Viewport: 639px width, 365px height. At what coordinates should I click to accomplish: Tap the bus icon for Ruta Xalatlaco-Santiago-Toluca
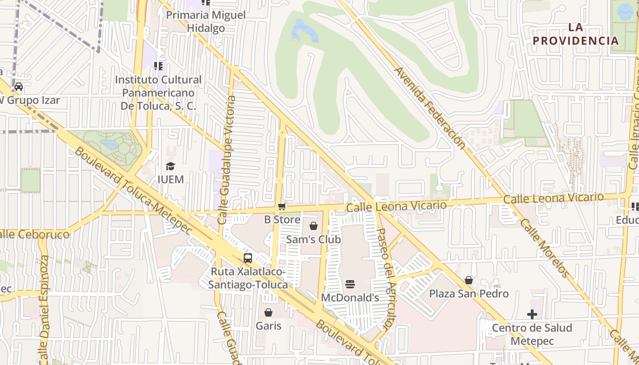[247, 258]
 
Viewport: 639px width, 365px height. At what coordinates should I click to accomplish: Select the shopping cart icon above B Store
[282, 207]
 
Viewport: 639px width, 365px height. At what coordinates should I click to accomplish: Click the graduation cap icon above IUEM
[170, 166]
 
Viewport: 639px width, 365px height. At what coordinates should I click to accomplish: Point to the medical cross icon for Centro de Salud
[532, 314]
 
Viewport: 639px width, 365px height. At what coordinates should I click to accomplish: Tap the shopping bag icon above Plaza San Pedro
[469, 280]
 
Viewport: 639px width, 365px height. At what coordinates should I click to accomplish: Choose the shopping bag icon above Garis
[268, 313]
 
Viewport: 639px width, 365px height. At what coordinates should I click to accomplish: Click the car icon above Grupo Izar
[19, 87]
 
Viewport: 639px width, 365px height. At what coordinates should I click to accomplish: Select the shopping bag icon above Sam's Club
[314, 226]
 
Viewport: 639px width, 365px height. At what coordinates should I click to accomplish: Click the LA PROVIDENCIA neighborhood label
[576, 34]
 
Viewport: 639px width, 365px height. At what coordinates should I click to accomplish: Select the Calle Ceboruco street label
[34, 234]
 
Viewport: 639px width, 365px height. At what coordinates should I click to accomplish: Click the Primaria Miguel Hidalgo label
[205, 21]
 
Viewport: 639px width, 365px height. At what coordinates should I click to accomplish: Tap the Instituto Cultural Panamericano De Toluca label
[158, 93]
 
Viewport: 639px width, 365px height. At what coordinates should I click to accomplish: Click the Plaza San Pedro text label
[469, 293]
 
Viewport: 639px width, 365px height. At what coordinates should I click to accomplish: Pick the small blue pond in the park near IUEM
[109, 144]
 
